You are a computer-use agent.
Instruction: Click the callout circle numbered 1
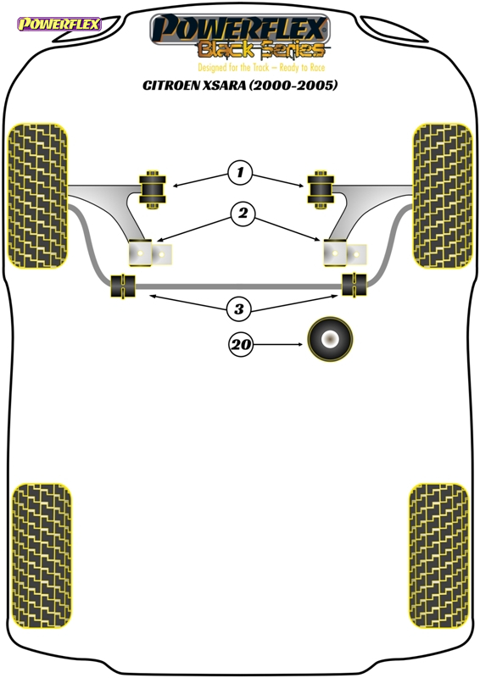240,173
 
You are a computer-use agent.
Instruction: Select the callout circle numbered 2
243,214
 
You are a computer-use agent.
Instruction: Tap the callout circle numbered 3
239,309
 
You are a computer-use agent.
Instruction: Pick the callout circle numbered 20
241,345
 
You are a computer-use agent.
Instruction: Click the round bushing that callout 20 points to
330,339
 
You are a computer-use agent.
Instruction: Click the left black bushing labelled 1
152,190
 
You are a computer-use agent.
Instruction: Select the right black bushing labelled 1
321,190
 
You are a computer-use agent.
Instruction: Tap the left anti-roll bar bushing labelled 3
123,286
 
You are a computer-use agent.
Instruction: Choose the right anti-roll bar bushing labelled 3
354,285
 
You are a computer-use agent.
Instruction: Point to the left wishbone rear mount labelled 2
150,253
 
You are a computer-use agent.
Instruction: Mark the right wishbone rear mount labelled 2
345,253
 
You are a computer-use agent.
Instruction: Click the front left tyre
37,196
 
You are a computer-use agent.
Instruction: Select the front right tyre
443,196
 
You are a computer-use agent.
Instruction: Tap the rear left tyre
41,556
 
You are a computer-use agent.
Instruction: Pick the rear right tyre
439,556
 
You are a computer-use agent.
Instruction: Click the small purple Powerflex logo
59,25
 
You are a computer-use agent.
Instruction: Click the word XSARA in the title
224,86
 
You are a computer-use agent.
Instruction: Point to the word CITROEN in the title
170,86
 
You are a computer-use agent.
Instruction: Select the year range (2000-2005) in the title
293,86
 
